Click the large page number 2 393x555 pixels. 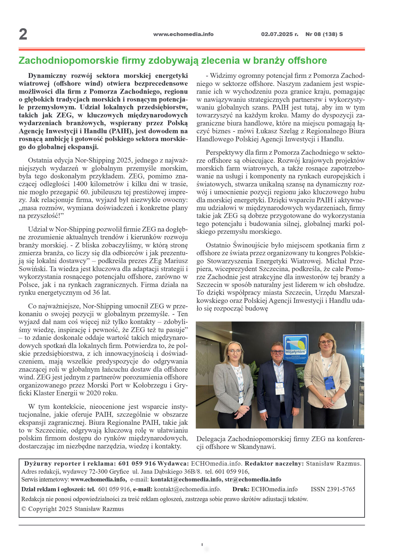click(23, 34)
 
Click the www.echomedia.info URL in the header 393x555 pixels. click(183, 34)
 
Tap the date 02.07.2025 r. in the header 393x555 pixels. click(279, 34)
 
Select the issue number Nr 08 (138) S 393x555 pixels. click(324, 34)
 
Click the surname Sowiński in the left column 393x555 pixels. click(30, 269)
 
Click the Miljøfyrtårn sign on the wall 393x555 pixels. click(295, 348)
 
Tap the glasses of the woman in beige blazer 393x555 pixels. click(326, 342)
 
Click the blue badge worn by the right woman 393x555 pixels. click(328, 383)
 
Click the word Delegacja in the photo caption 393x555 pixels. click(211, 439)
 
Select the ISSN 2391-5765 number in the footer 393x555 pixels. click(333, 489)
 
